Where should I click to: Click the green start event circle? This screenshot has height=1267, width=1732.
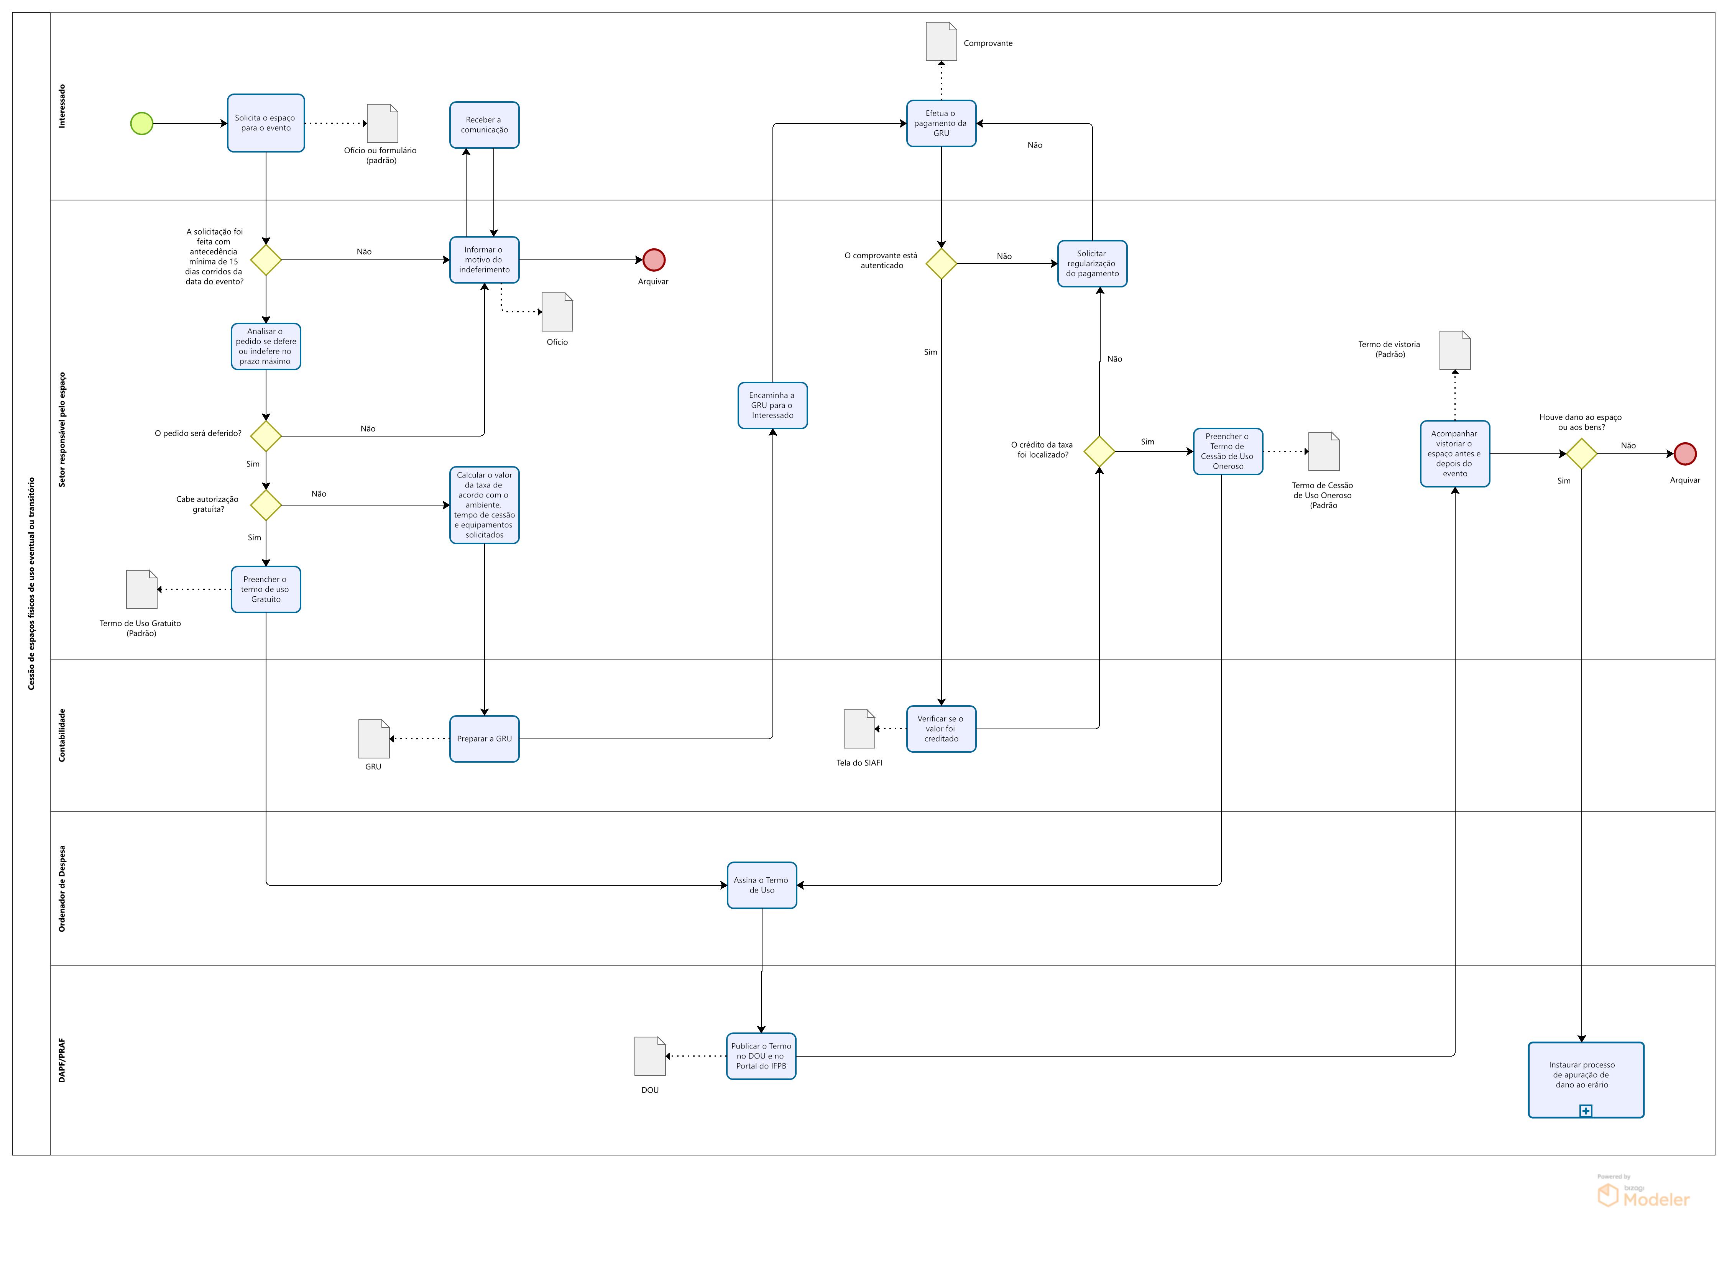(142, 123)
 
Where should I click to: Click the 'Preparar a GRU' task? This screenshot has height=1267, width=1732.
(484, 739)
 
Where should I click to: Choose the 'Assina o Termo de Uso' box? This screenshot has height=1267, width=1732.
(762, 885)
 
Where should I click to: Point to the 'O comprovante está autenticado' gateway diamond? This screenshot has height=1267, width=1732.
(941, 264)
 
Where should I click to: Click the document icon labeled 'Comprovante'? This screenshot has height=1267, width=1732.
(941, 41)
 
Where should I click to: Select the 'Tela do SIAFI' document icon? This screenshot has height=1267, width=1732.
(859, 729)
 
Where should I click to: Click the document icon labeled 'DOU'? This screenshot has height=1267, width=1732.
(650, 1056)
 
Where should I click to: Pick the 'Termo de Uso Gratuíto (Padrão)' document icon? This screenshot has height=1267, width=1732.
(142, 589)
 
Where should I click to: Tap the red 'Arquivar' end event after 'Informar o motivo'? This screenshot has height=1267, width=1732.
(654, 260)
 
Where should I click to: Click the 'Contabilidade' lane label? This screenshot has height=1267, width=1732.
(62, 735)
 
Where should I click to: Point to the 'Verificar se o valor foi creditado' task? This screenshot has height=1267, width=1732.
(941, 729)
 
